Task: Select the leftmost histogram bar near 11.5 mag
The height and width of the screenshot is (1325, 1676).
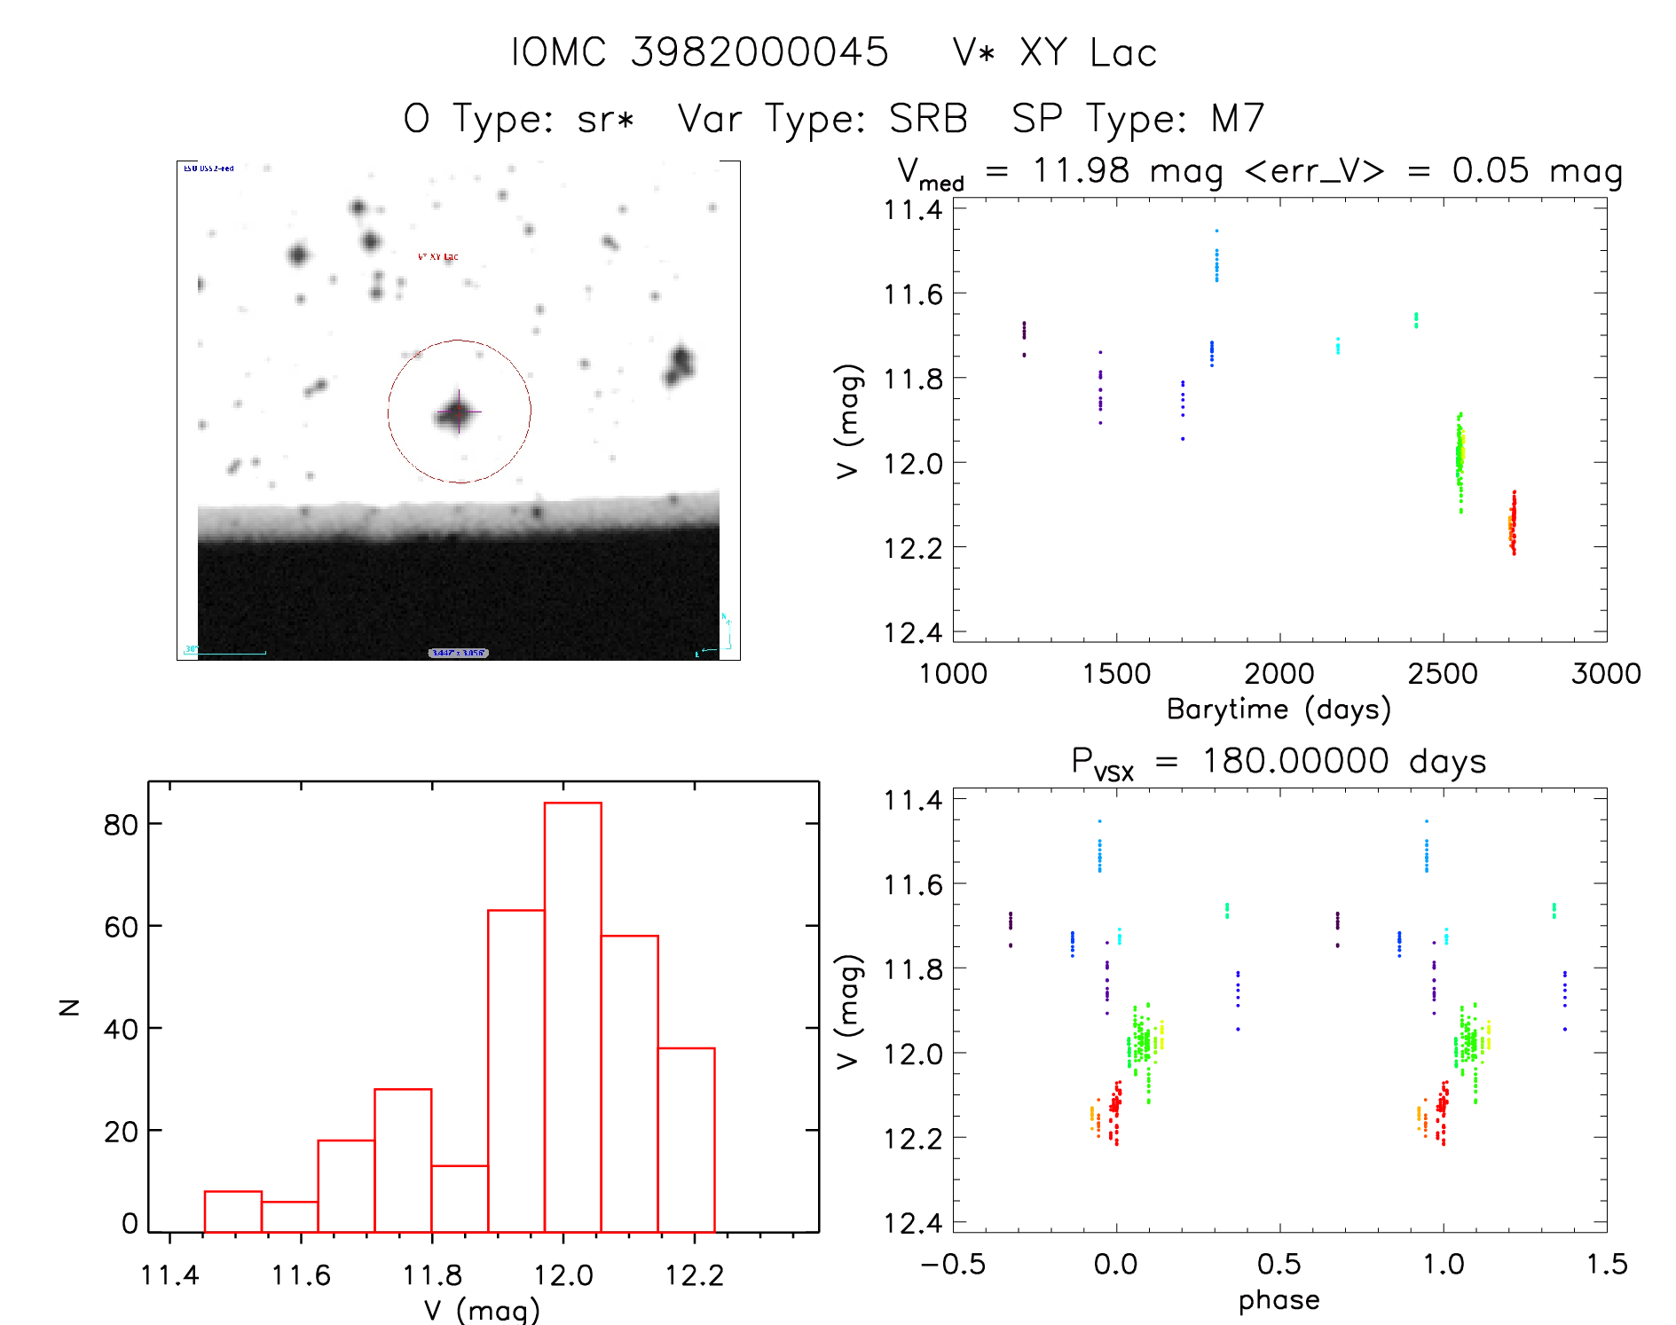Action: tap(232, 1211)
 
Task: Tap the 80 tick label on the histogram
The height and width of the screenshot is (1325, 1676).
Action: tap(121, 825)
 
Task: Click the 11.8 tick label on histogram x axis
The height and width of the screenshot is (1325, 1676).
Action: tap(432, 1275)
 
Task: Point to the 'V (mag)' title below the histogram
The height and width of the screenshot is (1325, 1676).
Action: tap(482, 1309)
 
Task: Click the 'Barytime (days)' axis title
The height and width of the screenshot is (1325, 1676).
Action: tap(1279, 709)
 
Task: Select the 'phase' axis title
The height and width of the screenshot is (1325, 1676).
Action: tap(1279, 1300)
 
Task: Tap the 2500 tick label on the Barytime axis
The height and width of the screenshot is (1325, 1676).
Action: tap(1443, 674)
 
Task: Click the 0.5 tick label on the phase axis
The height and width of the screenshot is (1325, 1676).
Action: tap(1279, 1265)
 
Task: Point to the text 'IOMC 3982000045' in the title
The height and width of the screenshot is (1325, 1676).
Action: tap(699, 52)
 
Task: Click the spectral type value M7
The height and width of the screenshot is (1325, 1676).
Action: tap(1238, 118)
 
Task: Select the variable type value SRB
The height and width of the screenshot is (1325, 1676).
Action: tap(928, 118)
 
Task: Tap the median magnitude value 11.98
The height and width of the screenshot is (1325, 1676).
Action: tap(1081, 170)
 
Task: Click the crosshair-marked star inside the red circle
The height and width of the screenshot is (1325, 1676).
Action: tap(458, 412)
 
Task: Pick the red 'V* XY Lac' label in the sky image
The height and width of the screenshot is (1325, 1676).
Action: tap(438, 257)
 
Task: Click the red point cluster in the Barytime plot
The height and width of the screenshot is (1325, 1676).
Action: tap(1514, 523)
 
